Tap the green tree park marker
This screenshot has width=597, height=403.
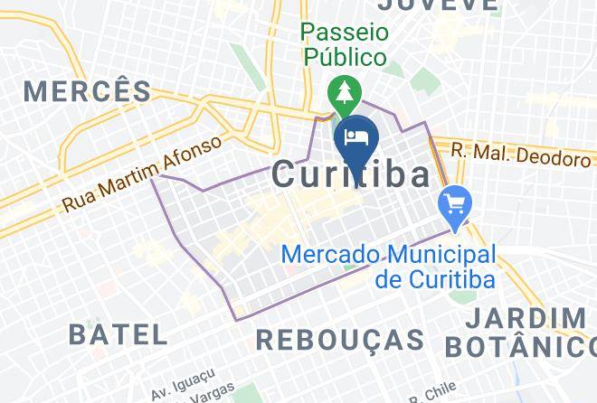[345, 92]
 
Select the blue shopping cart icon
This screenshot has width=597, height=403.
[453, 204]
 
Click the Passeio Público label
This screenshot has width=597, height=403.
[345, 44]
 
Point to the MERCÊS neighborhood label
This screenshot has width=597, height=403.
[88, 91]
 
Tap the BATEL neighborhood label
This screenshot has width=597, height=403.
[118, 334]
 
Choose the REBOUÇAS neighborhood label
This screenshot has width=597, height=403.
[340, 340]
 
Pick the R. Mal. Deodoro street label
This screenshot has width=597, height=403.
[520, 156]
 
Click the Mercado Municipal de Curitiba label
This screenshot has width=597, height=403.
[392, 267]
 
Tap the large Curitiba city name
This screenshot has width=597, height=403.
[352, 174]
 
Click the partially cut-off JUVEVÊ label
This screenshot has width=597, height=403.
[439, 5]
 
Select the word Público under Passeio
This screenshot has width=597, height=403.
[345, 57]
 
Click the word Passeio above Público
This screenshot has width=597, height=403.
[345, 33]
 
